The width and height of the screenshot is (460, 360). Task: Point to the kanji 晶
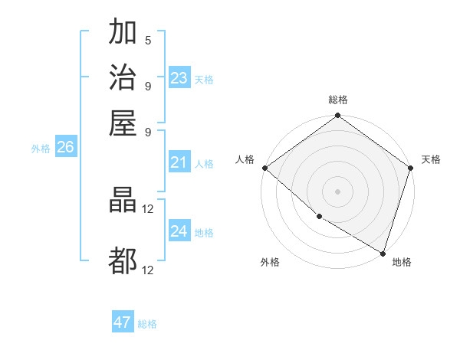123,201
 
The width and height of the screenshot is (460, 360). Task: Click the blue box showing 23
179,78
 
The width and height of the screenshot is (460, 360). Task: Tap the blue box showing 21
179,162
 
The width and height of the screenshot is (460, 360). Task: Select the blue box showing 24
179,231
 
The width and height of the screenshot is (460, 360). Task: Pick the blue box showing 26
65,148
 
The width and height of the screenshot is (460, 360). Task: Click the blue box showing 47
123,322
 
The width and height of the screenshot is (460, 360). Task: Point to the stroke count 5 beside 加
148,41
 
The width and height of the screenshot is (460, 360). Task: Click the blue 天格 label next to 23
204,80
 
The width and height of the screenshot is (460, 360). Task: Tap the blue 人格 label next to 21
204,164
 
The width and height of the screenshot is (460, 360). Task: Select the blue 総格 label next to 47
147,324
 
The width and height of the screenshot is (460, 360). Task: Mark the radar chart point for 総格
337,116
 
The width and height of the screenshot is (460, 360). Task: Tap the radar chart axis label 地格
402,263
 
